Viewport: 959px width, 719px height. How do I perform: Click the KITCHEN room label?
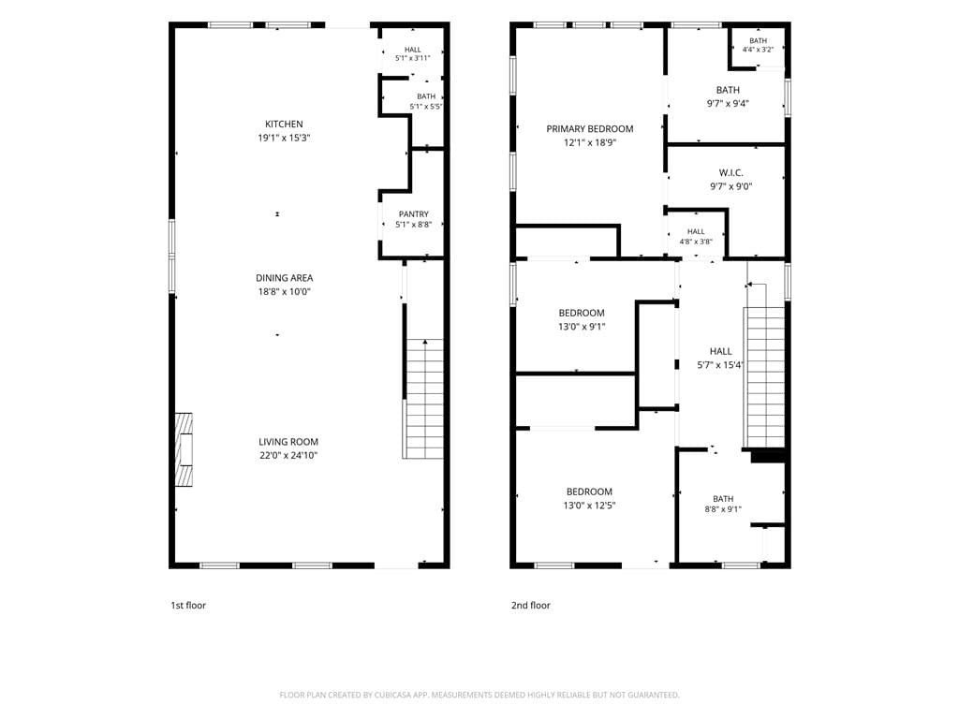284,125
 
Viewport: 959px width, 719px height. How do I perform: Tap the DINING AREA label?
284,278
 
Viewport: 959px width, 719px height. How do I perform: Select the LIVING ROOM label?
288,442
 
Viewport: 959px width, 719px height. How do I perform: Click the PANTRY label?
413,214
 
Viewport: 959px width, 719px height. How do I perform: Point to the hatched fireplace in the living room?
184,450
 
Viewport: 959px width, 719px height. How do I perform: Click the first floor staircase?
423,399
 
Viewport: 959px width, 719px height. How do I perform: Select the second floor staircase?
764,376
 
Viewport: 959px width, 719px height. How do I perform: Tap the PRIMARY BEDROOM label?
590,129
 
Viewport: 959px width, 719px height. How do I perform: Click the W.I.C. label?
730,173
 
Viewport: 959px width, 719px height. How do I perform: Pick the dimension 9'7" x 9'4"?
728,104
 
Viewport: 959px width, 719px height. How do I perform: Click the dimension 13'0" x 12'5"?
589,506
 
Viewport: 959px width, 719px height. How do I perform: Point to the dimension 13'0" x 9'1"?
582,327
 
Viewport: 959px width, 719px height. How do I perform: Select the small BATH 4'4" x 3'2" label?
758,45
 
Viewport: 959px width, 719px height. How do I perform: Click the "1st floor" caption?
188,606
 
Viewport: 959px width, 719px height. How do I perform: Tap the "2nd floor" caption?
531,606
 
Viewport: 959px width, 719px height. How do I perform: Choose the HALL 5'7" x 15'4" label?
720,359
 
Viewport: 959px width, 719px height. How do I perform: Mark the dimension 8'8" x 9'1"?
723,509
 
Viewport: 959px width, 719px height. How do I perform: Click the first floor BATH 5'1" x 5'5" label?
426,101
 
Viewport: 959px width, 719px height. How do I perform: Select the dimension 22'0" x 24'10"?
288,456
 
